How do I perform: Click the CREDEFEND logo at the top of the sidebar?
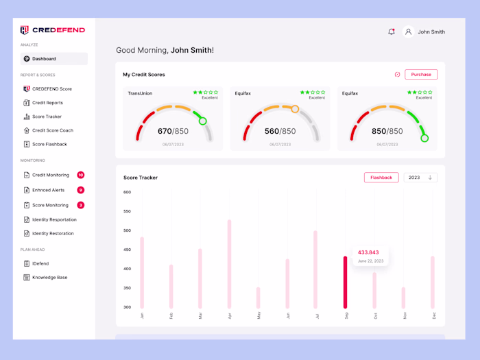(53, 30)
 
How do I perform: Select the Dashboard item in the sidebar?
(44, 59)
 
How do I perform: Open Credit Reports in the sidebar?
(47, 103)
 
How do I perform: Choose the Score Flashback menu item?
(49, 144)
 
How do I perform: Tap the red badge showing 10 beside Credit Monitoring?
(81, 175)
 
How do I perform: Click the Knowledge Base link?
(49, 278)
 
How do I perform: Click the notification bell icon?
(392, 32)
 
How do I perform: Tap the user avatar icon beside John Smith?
(408, 32)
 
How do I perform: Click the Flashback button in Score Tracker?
(381, 178)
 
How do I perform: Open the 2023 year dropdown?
(420, 178)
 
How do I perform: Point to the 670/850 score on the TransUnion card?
(173, 131)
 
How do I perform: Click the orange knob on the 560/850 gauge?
(295, 109)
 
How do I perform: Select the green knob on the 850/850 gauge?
(424, 138)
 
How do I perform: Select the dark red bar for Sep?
(345, 282)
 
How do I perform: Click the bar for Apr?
(229, 264)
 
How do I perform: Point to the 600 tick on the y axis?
(127, 192)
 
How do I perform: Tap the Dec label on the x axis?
(433, 315)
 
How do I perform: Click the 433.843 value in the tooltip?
(368, 252)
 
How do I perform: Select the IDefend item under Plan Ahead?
(40, 263)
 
